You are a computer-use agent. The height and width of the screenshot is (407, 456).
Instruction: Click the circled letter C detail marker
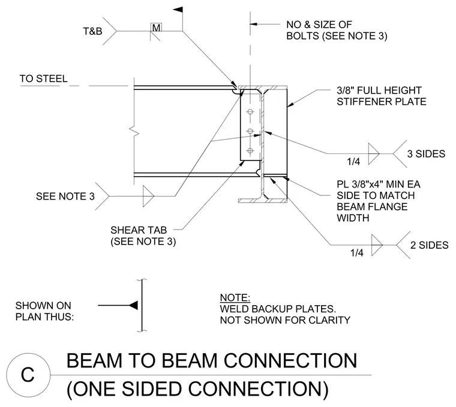tap(28, 375)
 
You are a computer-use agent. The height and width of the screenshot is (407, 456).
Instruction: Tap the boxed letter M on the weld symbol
tap(156, 28)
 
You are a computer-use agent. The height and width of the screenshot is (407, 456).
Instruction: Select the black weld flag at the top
tap(178, 10)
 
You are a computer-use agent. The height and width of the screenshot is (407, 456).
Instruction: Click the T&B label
tap(92, 31)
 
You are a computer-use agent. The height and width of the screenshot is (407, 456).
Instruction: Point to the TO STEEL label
tap(43, 79)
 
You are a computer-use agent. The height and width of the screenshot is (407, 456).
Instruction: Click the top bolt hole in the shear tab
tap(250, 111)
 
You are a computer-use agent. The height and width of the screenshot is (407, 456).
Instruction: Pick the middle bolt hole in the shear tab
tap(250, 131)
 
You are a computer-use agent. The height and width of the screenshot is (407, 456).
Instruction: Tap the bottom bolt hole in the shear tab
tap(250, 150)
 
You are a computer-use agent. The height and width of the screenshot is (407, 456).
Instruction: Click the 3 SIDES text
tap(426, 153)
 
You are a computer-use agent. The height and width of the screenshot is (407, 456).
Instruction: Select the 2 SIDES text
tap(429, 245)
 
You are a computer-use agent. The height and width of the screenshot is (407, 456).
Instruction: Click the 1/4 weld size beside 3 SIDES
tap(353, 161)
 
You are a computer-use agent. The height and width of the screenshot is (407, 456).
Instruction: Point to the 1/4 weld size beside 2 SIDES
tap(356, 253)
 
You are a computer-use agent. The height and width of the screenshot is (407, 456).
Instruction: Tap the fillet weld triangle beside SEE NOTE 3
tap(148, 197)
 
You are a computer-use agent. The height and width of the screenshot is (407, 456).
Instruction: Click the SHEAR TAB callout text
tap(139, 230)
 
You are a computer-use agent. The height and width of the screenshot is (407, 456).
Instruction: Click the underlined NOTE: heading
tap(235, 298)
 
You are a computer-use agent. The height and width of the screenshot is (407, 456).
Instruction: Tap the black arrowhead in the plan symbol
tap(133, 305)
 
